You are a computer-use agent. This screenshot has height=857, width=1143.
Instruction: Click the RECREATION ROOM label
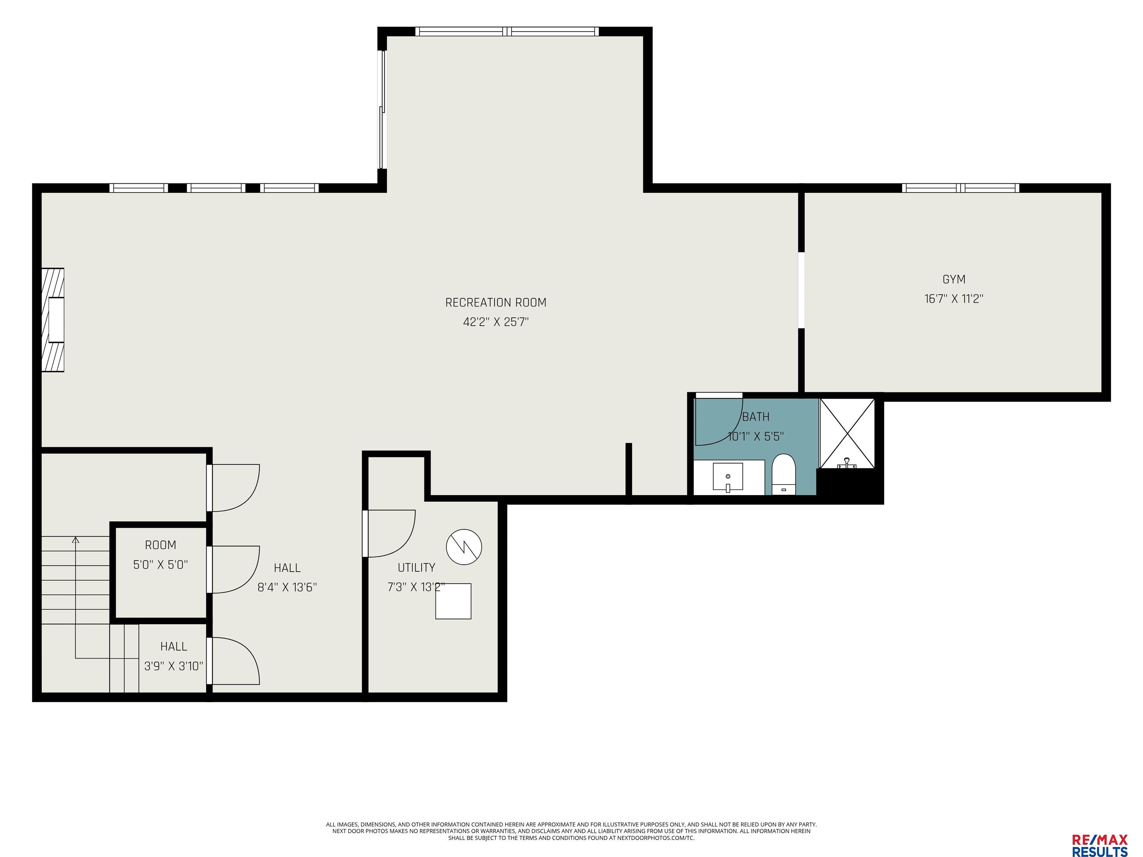coord(496,302)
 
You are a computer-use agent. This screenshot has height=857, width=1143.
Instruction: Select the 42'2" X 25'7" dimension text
coord(496,322)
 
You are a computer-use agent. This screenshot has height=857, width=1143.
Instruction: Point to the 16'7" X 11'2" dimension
coord(953,299)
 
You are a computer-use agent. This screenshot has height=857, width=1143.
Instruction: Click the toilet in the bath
coord(783,474)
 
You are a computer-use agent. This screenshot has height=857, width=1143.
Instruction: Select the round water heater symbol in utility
coord(464,546)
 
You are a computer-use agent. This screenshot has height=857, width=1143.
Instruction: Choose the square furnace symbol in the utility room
coord(453,601)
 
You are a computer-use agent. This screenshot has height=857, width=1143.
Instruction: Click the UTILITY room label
coord(416,567)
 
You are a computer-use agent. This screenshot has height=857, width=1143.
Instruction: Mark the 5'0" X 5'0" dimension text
coord(160,564)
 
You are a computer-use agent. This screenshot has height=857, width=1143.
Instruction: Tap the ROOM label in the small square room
coord(160,545)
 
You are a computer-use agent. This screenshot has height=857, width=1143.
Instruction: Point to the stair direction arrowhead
coord(76,540)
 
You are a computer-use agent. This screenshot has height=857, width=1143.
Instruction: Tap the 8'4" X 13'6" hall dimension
coord(287,587)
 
